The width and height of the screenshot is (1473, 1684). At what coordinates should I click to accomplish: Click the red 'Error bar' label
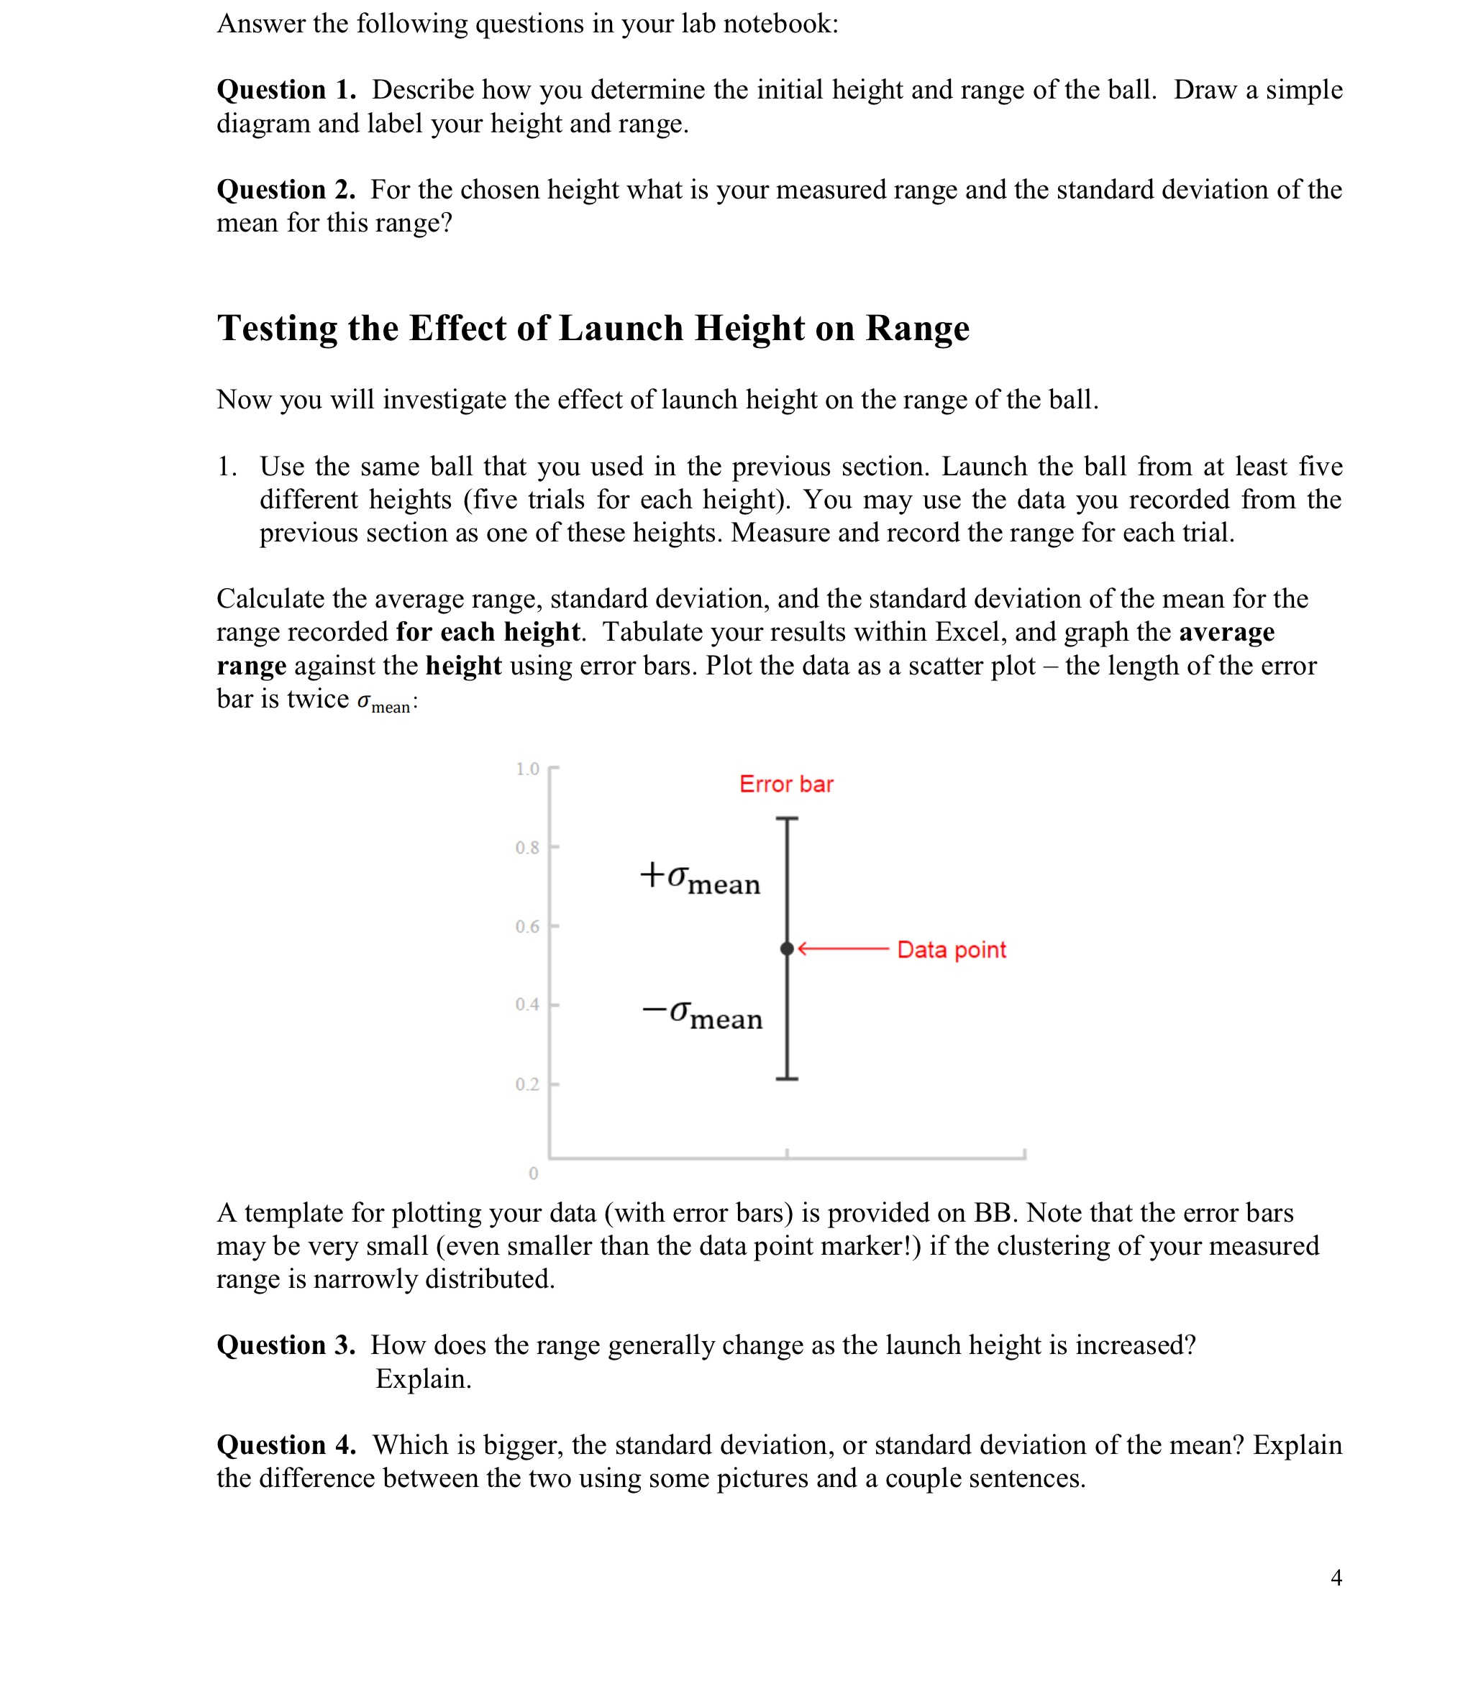pos(786,784)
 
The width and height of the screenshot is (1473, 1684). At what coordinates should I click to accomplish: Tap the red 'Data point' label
pos(951,950)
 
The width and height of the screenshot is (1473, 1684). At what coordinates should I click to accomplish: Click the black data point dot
pos(787,949)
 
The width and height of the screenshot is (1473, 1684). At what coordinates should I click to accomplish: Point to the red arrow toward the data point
pos(842,949)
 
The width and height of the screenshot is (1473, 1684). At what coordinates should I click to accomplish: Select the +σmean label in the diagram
pos(701,879)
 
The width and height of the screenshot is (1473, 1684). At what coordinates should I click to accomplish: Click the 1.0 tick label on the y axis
pos(527,769)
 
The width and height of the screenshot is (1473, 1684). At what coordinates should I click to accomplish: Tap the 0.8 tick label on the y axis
pos(527,847)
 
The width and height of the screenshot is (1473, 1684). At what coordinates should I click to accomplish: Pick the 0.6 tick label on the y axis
pos(527,927)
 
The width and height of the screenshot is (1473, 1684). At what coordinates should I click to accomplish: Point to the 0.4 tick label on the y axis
pos(527,1005)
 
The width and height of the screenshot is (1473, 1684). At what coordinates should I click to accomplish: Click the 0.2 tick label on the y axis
pos(527,1085)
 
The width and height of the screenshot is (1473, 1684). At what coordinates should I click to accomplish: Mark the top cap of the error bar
pos(787,820)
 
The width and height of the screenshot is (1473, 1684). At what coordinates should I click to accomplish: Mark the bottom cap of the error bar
pos(787,1079)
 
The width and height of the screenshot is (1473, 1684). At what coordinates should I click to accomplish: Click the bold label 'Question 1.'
pos(286,90)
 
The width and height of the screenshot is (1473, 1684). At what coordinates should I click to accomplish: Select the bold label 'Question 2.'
pos(286,190)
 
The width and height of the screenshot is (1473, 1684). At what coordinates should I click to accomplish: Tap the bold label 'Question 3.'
pos(286,1345)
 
